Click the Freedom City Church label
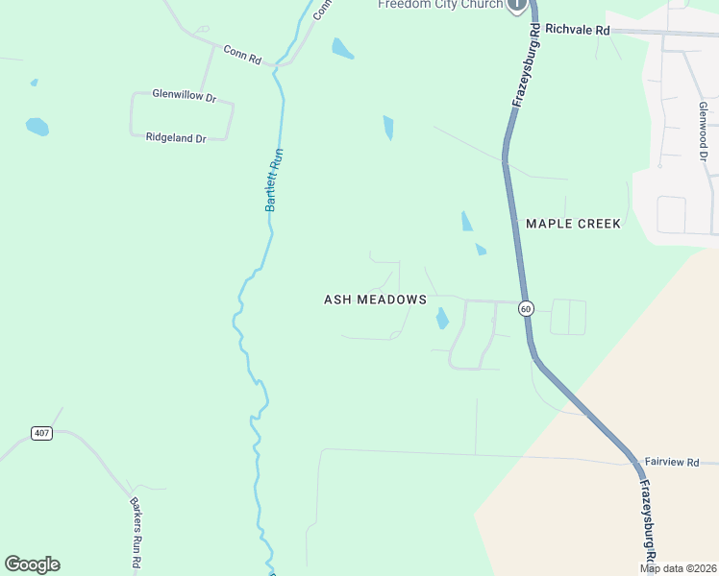(439, 5)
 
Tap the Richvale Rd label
(577, 31)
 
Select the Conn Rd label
(242, 54)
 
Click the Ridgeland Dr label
(176, 138)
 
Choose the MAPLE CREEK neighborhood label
(573, 224)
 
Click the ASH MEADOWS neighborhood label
(375, 300)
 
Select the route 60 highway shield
(525, 308)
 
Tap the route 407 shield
(40, 433)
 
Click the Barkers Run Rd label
(136, 533)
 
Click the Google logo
(32, 564)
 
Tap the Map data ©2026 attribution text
(679, 568)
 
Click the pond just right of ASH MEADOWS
(442, 318)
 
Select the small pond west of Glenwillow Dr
(37, 126)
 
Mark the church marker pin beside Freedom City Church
(518, 5)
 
